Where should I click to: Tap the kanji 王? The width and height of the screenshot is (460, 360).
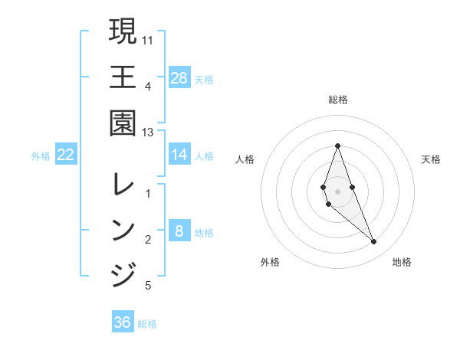123,77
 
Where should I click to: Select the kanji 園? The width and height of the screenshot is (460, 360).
123,122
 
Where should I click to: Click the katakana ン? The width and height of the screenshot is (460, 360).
123,229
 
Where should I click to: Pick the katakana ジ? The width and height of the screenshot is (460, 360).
123,274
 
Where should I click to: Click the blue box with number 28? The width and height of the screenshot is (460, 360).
179,78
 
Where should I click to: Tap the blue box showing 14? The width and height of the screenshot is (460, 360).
179,155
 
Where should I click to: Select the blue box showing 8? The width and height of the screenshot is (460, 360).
179,231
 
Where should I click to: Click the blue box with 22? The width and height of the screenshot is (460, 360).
66,155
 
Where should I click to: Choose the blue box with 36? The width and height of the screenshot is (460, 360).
123,322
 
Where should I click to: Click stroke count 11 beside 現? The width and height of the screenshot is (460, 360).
148,39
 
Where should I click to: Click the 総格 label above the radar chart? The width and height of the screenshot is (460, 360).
338,100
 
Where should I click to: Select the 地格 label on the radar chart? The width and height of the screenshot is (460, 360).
402,263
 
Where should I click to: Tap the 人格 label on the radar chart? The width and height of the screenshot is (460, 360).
245,159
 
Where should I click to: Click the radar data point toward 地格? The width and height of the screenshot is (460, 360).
374,242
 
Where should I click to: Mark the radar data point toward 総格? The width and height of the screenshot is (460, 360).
337,146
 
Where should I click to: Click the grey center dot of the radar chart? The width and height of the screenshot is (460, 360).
337,191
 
